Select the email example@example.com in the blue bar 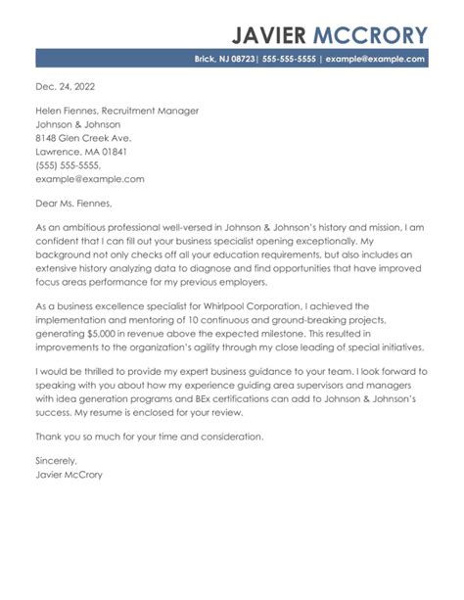click(x=376, y=59)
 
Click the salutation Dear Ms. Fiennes click(x=72, y=204)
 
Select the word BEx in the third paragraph click(x=233, y=399)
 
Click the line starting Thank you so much click(x=162, y=436)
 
